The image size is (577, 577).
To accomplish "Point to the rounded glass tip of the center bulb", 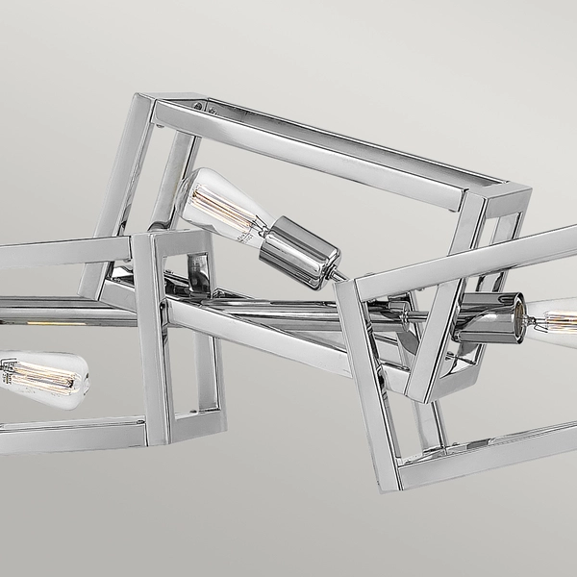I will tap(187, 185).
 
